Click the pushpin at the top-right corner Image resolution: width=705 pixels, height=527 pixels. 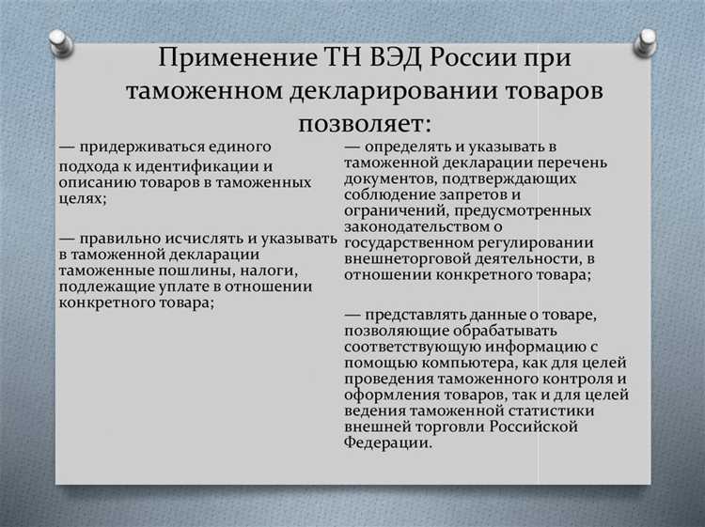(645, 40)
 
